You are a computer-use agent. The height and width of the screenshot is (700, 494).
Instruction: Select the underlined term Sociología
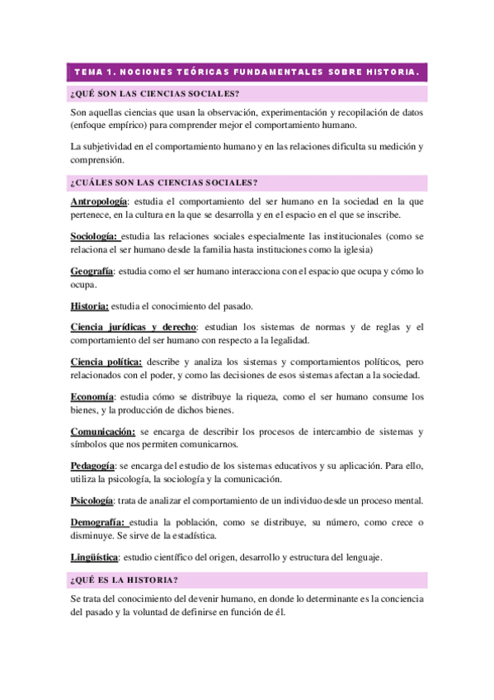tap(94, 236)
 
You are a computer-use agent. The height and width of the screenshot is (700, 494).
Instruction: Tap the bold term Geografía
tap(91, 271)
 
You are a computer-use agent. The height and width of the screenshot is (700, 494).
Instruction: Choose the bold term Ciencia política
tap(106, 362)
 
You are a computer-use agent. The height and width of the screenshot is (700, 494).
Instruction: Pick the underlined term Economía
tap(92, 396)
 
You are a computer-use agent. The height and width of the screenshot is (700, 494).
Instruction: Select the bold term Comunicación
tap(102, 431)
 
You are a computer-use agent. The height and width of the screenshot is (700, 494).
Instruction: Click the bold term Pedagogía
tap(92, 466)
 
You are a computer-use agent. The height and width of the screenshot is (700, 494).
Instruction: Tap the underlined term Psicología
tap(92, 500)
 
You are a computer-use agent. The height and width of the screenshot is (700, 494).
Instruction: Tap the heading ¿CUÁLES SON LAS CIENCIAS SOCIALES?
tap(164, 182)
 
